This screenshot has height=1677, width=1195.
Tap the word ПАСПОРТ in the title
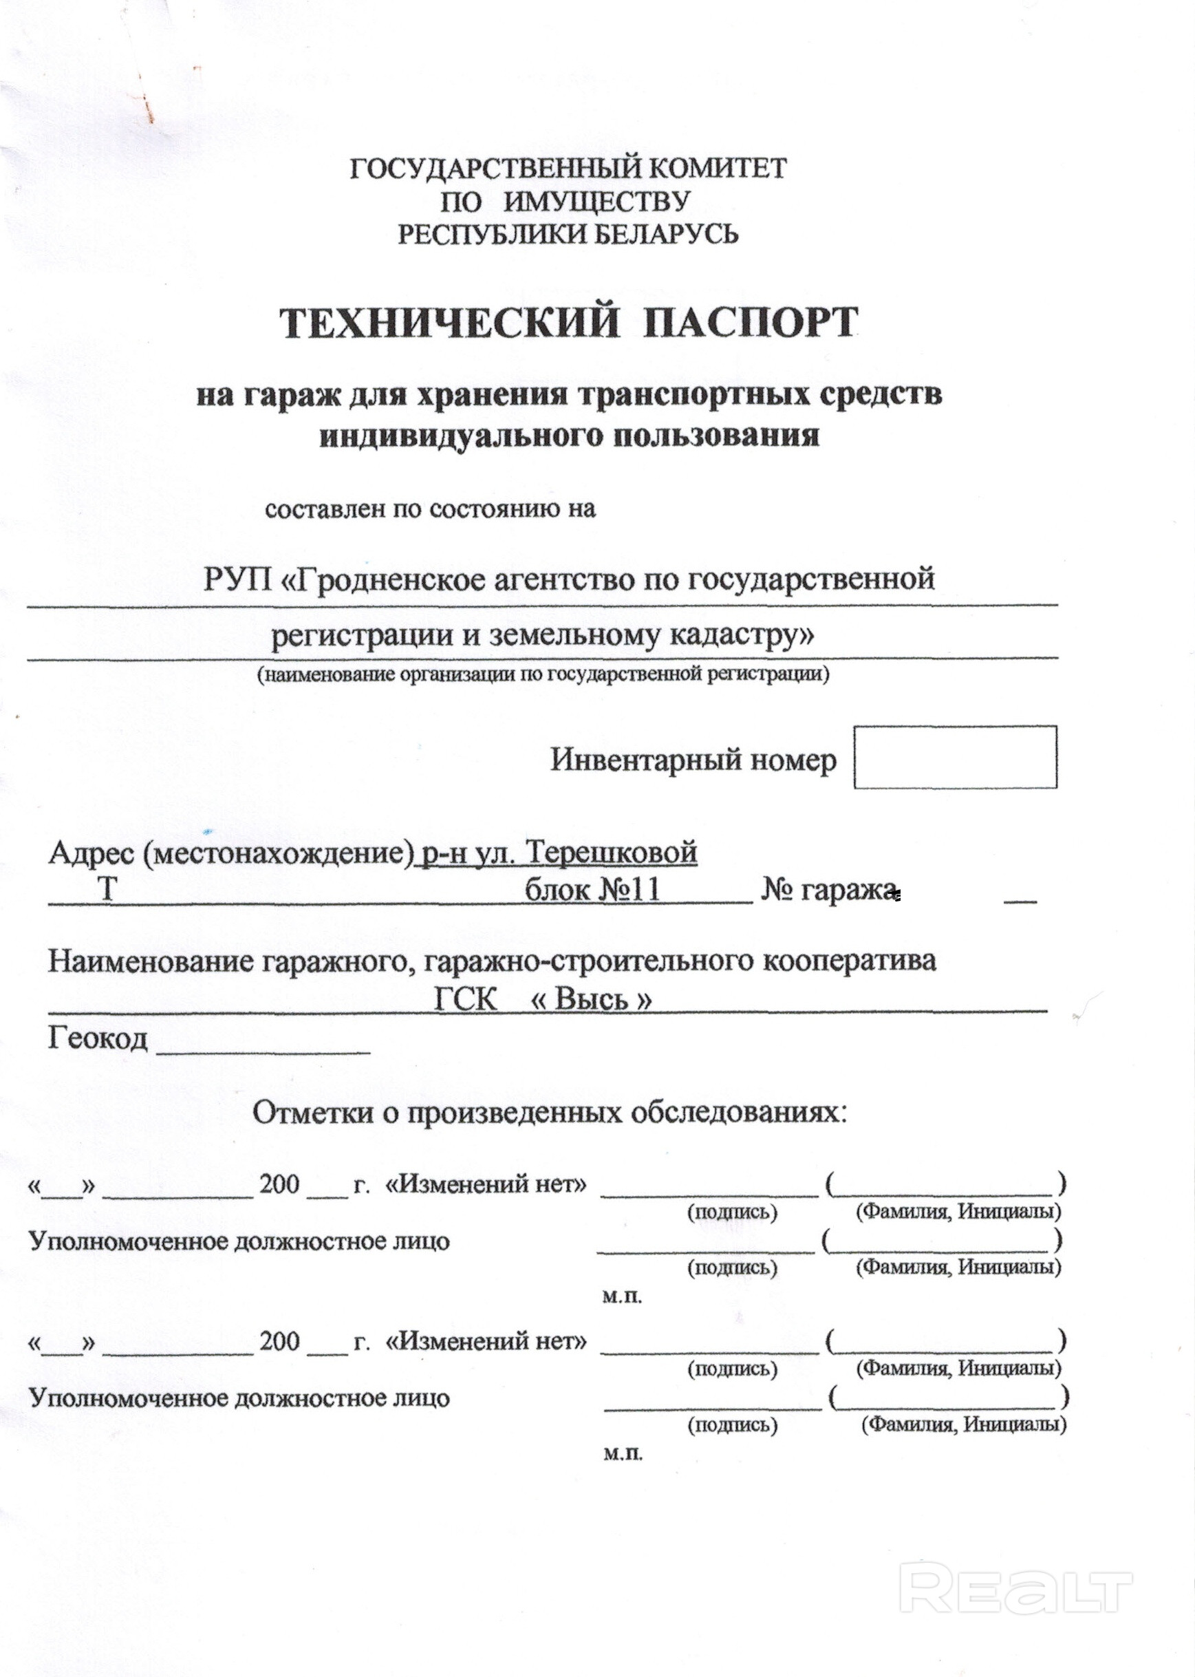(751, 324)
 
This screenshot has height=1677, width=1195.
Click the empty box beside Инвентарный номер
(954, 757)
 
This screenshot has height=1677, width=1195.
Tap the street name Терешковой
(612, 853)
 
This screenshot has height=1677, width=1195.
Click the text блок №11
(592, 890)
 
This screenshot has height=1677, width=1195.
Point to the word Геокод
(98, 1038)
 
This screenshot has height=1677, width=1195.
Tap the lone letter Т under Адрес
(107, 890)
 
